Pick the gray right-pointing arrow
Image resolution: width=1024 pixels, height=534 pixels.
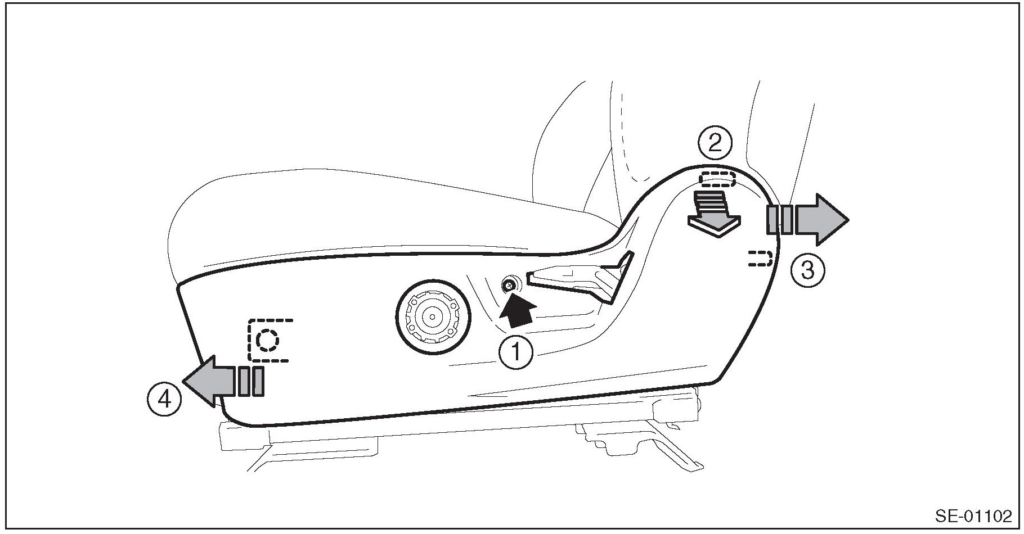pyautogui.click(x=821, y=219)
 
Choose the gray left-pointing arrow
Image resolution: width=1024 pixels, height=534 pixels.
pyautogui.click(x=209, y=381)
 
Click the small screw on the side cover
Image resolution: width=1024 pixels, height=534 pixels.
pyautogui.click(x=510, y=286)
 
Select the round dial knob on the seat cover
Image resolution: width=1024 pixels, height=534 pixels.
pyautogui.click(x=432, y=318)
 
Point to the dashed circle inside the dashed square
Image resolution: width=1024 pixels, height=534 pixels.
pyautogui.click(x=267, y=340)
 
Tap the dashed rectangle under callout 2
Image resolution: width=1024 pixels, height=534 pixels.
pyautogui.click(x=717, y=179)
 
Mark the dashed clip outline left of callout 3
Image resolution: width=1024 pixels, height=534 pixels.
pyautogui.click(x=759, y=259)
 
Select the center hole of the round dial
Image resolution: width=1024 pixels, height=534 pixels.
pyautogui.click(x=432, y=318)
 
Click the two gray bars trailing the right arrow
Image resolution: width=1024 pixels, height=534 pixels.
pyautogui.click(x=780, y=219)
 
